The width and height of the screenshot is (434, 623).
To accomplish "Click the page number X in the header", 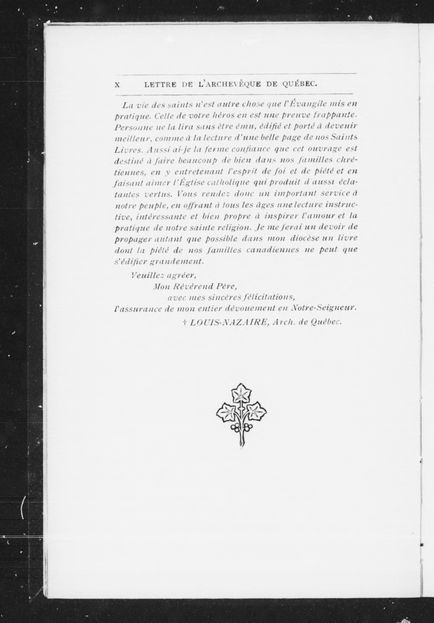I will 117,85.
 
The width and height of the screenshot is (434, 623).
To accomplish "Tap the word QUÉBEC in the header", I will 300,84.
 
